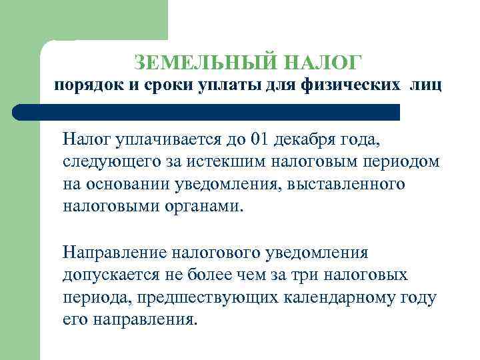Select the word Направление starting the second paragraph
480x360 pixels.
click(115, 253)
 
